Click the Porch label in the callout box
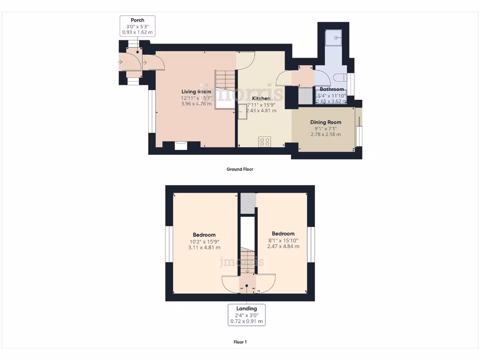pyautogui.click(x=137, y=20)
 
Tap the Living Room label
pyautogui.click(x=196, y=91)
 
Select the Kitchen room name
pyautogui.click(x=261, y=98)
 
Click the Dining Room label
pyautogui.click(x=325, y=122)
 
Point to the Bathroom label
pyautogui.click(x=332, y=89)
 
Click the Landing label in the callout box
pyautogui.click(x=247, y=308)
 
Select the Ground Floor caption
pyautogui.click(x=240, y=169)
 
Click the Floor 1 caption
pyautogui.click(x=240, y=342)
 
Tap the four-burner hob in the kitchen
pyautogui.click(x=264, y=141)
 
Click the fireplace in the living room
pyautogui.click(x=180, y=145)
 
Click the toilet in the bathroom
pyautogui.click(x=341, y=78)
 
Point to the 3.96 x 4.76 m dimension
pyautogui.click(x=196, y=104)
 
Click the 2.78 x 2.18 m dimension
pyautogui.click(x=325, y=135)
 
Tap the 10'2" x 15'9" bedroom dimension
pyautogui.click(x=204, y=241)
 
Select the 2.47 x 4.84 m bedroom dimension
pyautogui.click(x=283, y=246)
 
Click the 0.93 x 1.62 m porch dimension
pyautogui.click(x=137, y=32)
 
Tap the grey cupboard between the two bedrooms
pyautogui.click(x=247, y=203)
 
